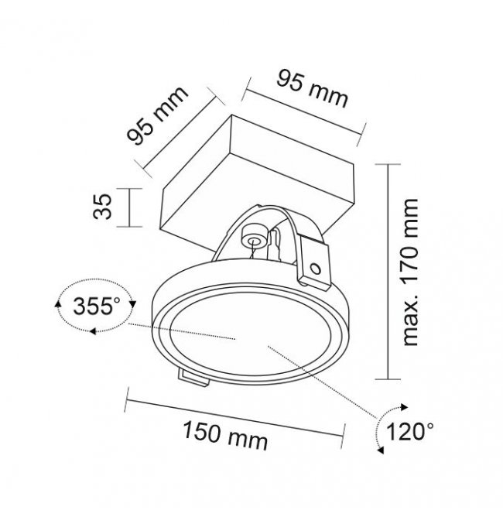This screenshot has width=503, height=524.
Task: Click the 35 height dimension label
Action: [102, 207]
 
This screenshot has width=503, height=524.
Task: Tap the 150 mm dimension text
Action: [225, 435]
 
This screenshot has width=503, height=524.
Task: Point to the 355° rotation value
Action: [97, 306]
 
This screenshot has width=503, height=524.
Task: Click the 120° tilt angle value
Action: [410, 431]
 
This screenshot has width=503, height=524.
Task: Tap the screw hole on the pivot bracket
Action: [315, 269]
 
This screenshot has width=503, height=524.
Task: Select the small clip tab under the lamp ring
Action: [193, 377]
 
